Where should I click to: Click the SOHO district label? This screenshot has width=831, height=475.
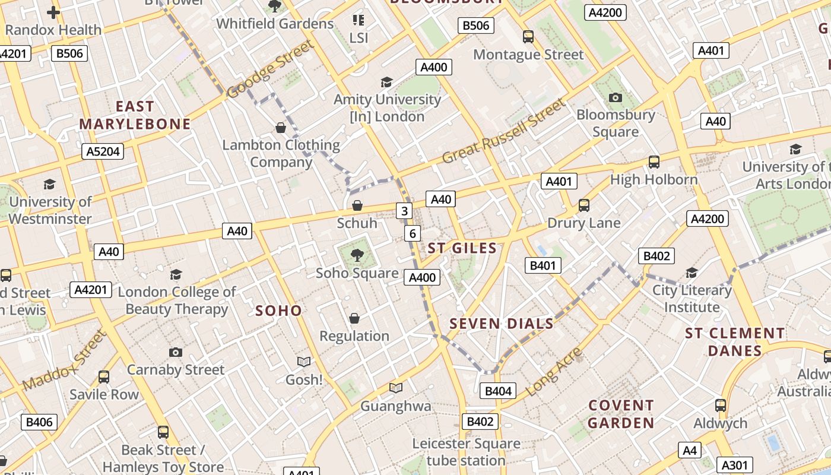pyautogui.click(x=278, y=311)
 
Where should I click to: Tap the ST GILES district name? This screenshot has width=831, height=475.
pyautogui.click(x=462, y=248)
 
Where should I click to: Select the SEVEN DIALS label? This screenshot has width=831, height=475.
pyautogui.click(x=502, y=324)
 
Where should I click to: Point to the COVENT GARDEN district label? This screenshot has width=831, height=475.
pyautogui.click(x=621, y=414)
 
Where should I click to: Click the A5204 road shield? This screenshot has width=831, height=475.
pyautogui.click(x=103, y=151)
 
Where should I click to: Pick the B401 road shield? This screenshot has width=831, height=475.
pyautogui.click(x=543, y=265)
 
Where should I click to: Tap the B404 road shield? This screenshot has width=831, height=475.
pyautogui.click(x=497, y=391)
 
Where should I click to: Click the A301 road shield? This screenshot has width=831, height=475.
pyautogui.click(x=735, y=465)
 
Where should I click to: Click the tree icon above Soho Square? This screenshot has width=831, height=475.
pyautogui.click(x=357, y=255)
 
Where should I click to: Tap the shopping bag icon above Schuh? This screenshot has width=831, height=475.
pyautogui.click(x=357, y=205)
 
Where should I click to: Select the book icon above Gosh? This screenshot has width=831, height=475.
pyautogui.click(x=304, y=361)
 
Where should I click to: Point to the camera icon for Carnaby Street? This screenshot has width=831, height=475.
pyautogui.click(x=176, y=352)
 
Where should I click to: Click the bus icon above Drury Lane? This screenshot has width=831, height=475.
pyautogui.click(x=584, y=205)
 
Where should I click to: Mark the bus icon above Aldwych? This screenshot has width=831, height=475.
pyautogui.click(x=721, y=406)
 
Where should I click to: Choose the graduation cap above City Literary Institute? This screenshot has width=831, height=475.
pyautogui.click(x=692, y=273)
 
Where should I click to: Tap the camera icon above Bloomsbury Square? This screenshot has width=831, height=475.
pyautogui.click(x=616, y=97)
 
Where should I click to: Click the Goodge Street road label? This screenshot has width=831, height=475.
pyautogui.click(x=270, y=70)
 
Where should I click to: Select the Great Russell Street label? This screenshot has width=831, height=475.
pyautogui.click(x=505, y=132)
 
